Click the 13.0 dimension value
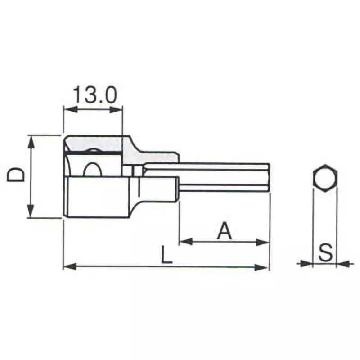94,95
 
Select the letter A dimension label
224,231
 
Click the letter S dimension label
325,253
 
